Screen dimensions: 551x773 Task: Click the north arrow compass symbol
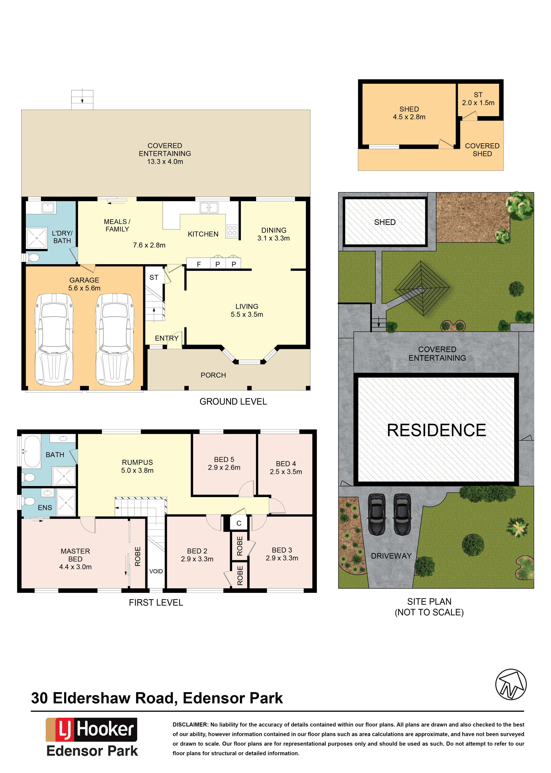511,684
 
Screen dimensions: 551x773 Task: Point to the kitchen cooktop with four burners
232,230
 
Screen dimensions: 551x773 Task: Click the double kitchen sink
209,207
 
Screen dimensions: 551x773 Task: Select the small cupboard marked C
239,523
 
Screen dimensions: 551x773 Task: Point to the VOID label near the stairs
156,571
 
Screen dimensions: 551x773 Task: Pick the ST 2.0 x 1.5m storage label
478,99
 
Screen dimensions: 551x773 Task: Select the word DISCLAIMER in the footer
190,725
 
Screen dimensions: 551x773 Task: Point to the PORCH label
213,375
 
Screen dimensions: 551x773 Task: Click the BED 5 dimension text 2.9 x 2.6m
224,467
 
